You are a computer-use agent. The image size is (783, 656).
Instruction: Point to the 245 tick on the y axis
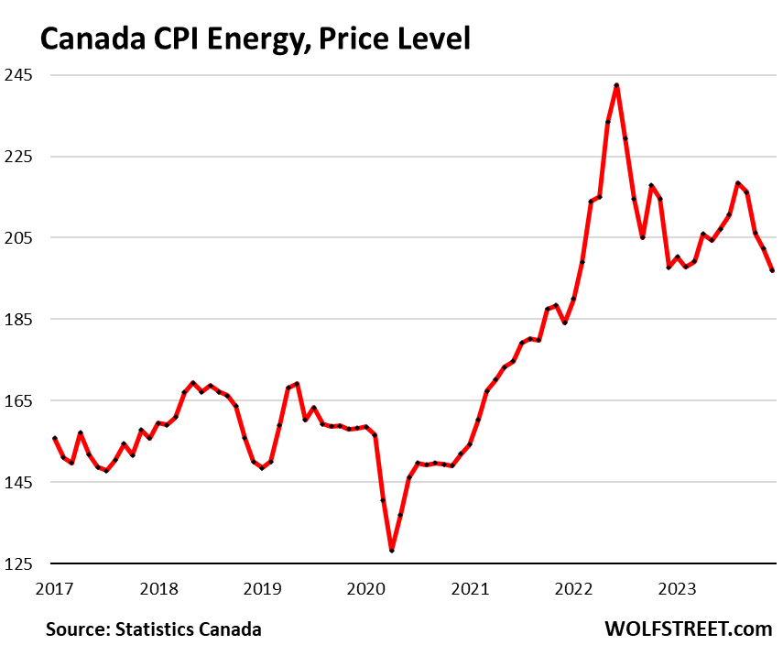click(18, 74)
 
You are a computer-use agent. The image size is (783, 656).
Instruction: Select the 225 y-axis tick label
click(18, 156)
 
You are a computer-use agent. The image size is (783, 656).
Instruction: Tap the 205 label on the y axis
click(18, 237)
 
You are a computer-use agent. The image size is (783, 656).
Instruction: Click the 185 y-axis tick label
click(18, 319)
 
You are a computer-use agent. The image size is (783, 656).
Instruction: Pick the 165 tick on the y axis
click(18, 400)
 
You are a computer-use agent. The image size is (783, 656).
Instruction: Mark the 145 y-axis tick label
click(18, 482)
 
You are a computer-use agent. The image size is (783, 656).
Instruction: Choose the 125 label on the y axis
click(18, 563)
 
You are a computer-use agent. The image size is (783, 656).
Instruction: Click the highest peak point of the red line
click(616, 85)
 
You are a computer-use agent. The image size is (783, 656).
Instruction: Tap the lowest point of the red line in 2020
click(392, 550)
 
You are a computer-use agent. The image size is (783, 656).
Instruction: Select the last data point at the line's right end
click(772, 270)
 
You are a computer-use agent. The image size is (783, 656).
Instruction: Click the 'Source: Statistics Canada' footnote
click(154, 629)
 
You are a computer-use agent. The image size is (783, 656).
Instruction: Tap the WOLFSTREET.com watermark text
click(689, 629)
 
